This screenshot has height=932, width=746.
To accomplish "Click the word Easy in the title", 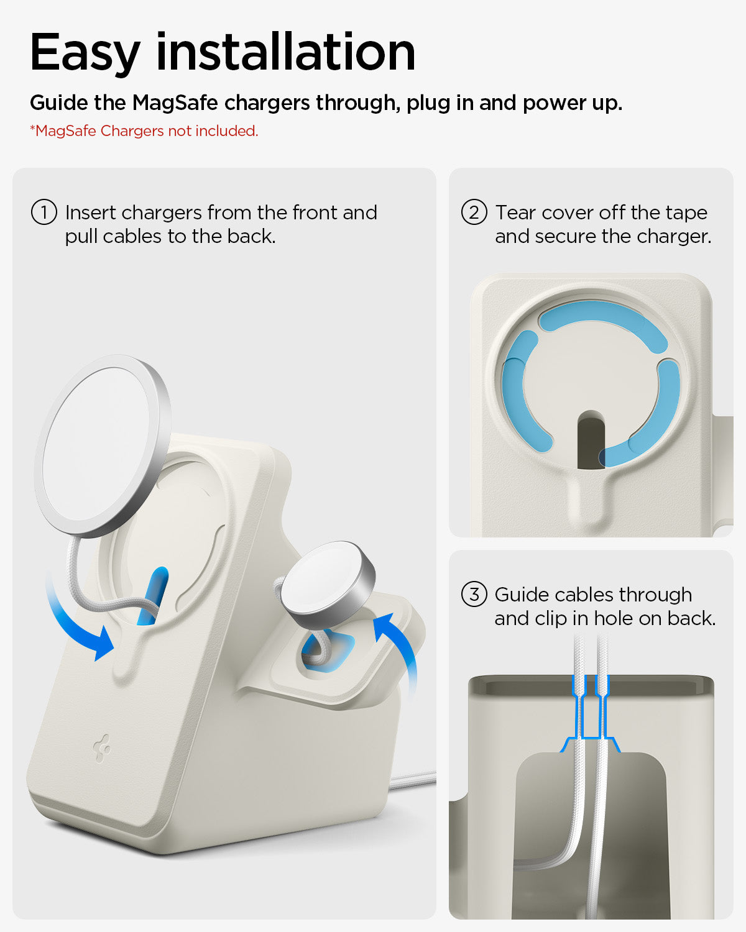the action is point(85,53).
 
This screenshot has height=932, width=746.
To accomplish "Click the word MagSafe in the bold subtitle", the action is point(175,103).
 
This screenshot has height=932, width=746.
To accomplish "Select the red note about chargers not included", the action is point(144,131).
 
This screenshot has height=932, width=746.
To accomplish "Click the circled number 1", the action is point(44,212).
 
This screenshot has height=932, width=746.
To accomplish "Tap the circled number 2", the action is point(474,212).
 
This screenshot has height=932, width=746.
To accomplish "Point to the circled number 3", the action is point(474,594).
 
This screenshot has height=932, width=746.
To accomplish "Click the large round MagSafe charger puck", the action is point(103,445).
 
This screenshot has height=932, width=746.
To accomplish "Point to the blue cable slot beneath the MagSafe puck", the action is point(154,595).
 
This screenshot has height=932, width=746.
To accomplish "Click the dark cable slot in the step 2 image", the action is point(591,439).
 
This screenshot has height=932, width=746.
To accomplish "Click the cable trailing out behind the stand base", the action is point(413,780).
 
